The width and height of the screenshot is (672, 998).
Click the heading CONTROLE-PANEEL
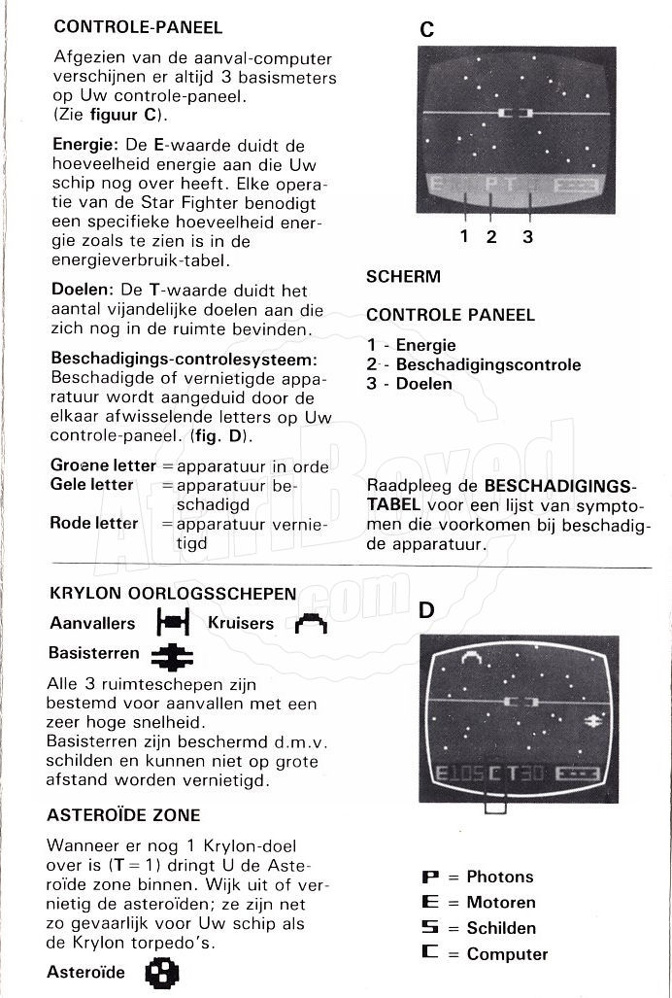point(138,27)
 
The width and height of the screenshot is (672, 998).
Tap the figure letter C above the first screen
point(426,29)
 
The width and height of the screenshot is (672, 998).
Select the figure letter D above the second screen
point(426,610)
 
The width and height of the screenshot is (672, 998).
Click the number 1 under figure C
point(464,236)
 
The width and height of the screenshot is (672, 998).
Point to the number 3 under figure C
point(527,236)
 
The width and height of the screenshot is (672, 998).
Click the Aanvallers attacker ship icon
point(171,622)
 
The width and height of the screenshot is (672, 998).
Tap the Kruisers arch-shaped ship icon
point(311,622)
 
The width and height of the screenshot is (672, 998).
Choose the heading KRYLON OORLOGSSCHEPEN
point(173,594)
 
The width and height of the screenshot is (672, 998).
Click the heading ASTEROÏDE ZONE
point(123,814)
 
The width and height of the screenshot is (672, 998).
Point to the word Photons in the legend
point(500,877)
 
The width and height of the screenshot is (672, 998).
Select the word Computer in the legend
point(507,953)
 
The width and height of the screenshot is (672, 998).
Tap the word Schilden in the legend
point(501,928)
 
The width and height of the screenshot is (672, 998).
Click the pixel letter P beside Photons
point(429,877)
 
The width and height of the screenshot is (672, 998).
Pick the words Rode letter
point(94,523)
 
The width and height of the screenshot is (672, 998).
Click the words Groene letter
point(103,465)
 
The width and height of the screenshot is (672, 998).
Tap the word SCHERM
point(403,277)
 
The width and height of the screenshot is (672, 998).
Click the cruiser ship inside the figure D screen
point(472,662)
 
